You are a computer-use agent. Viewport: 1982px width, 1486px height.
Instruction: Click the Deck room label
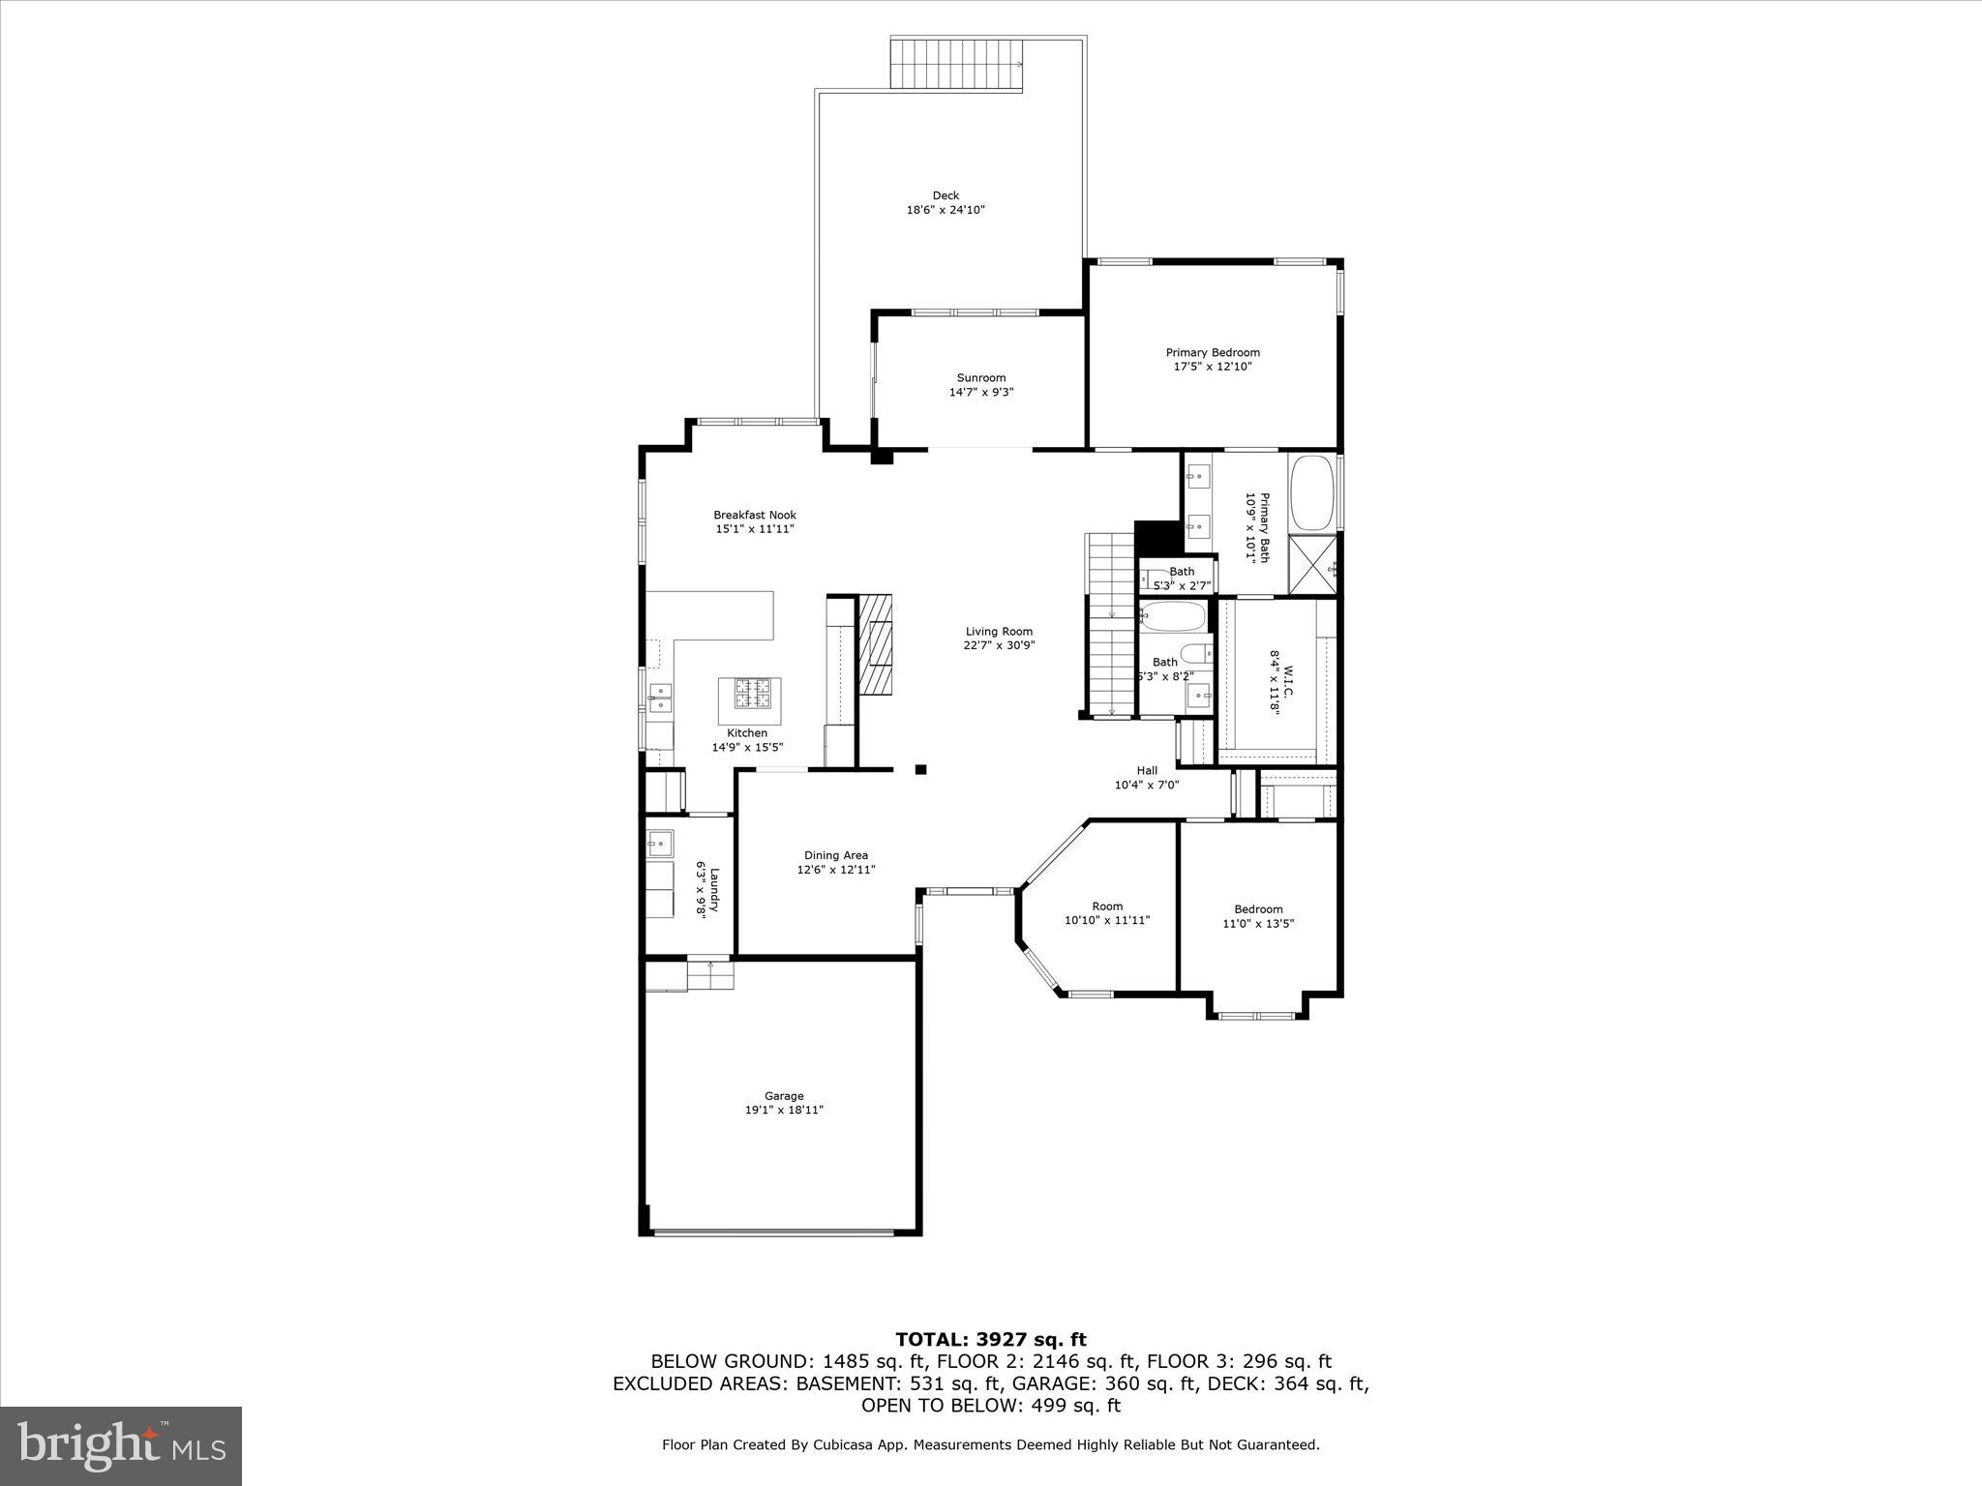tap(946, 195)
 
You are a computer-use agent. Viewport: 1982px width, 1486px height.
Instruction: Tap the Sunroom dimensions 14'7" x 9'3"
tap(980, 392)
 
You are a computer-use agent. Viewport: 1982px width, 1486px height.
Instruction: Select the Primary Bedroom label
tap(1212, 352)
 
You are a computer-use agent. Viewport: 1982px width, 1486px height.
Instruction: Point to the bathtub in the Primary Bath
tap(1311, 492)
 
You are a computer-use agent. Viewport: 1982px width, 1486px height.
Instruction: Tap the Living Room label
tap(999, 632)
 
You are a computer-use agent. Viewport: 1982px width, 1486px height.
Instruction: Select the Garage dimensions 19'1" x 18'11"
tap(784, 1110)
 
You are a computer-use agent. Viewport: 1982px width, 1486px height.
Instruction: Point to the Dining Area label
tap(835, 855)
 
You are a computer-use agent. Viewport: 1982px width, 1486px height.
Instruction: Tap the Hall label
tap(1147, 770)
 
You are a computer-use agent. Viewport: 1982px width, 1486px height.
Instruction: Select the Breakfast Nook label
tap(754, 515)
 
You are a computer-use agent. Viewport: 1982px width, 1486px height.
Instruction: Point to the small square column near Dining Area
tap(921, 769)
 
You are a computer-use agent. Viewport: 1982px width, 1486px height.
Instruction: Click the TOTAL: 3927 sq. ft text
tap(990, 1340)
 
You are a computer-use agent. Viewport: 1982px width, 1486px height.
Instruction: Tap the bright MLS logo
tap(121, 1445)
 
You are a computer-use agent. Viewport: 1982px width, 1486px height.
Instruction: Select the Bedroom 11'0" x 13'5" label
tap(1257, 908)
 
